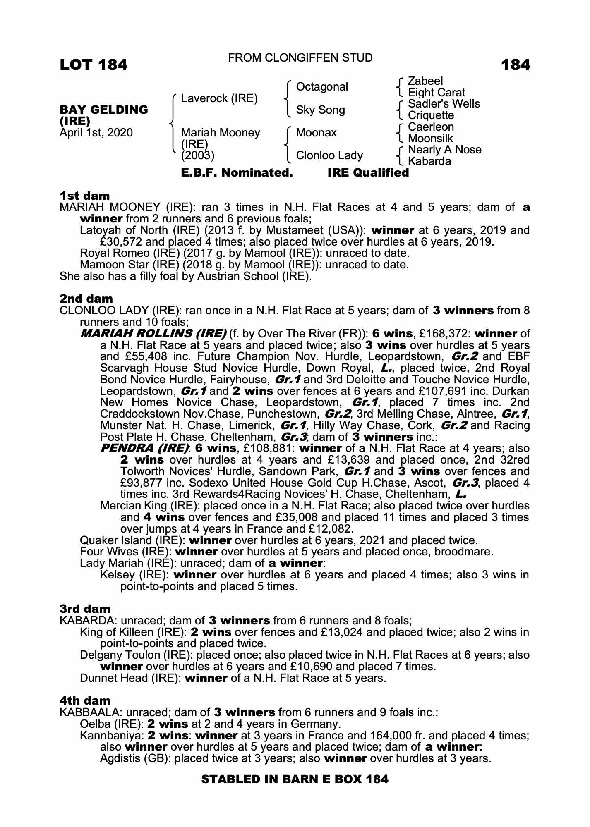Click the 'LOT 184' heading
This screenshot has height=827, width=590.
pyautogui.click(x=94, y=65)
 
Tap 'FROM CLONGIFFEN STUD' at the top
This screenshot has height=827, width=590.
pyautogui.click(x=300, y=58)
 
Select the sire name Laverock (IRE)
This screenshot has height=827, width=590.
pyautogui.click(x=219, y=98)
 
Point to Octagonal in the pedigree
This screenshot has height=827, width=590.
pyautogui.click(x=322, y=87)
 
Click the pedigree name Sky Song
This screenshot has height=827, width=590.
pyautogui.click(x=320, y=110)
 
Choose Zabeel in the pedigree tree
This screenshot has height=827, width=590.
pyautogui.click(x=425, y=81)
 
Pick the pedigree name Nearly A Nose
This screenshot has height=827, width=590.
pyautogui.click(x=444, y=150)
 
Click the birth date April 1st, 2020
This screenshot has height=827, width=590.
pyautogui.click(x=96, y=133)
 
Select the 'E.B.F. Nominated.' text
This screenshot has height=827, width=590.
pyautogui.click(x=237, y=173)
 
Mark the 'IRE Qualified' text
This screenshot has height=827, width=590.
pyautogui.click(x=368, y=173)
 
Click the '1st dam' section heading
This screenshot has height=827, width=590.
pyautogui.click(x=85, y=196)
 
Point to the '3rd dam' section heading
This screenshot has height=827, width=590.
pyautogui.click(x=85, y=609)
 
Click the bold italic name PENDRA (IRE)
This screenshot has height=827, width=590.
pyautogui.click(x=144, y=448)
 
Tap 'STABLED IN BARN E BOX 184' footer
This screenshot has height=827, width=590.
pyautogui.click(x=295, y=779)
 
